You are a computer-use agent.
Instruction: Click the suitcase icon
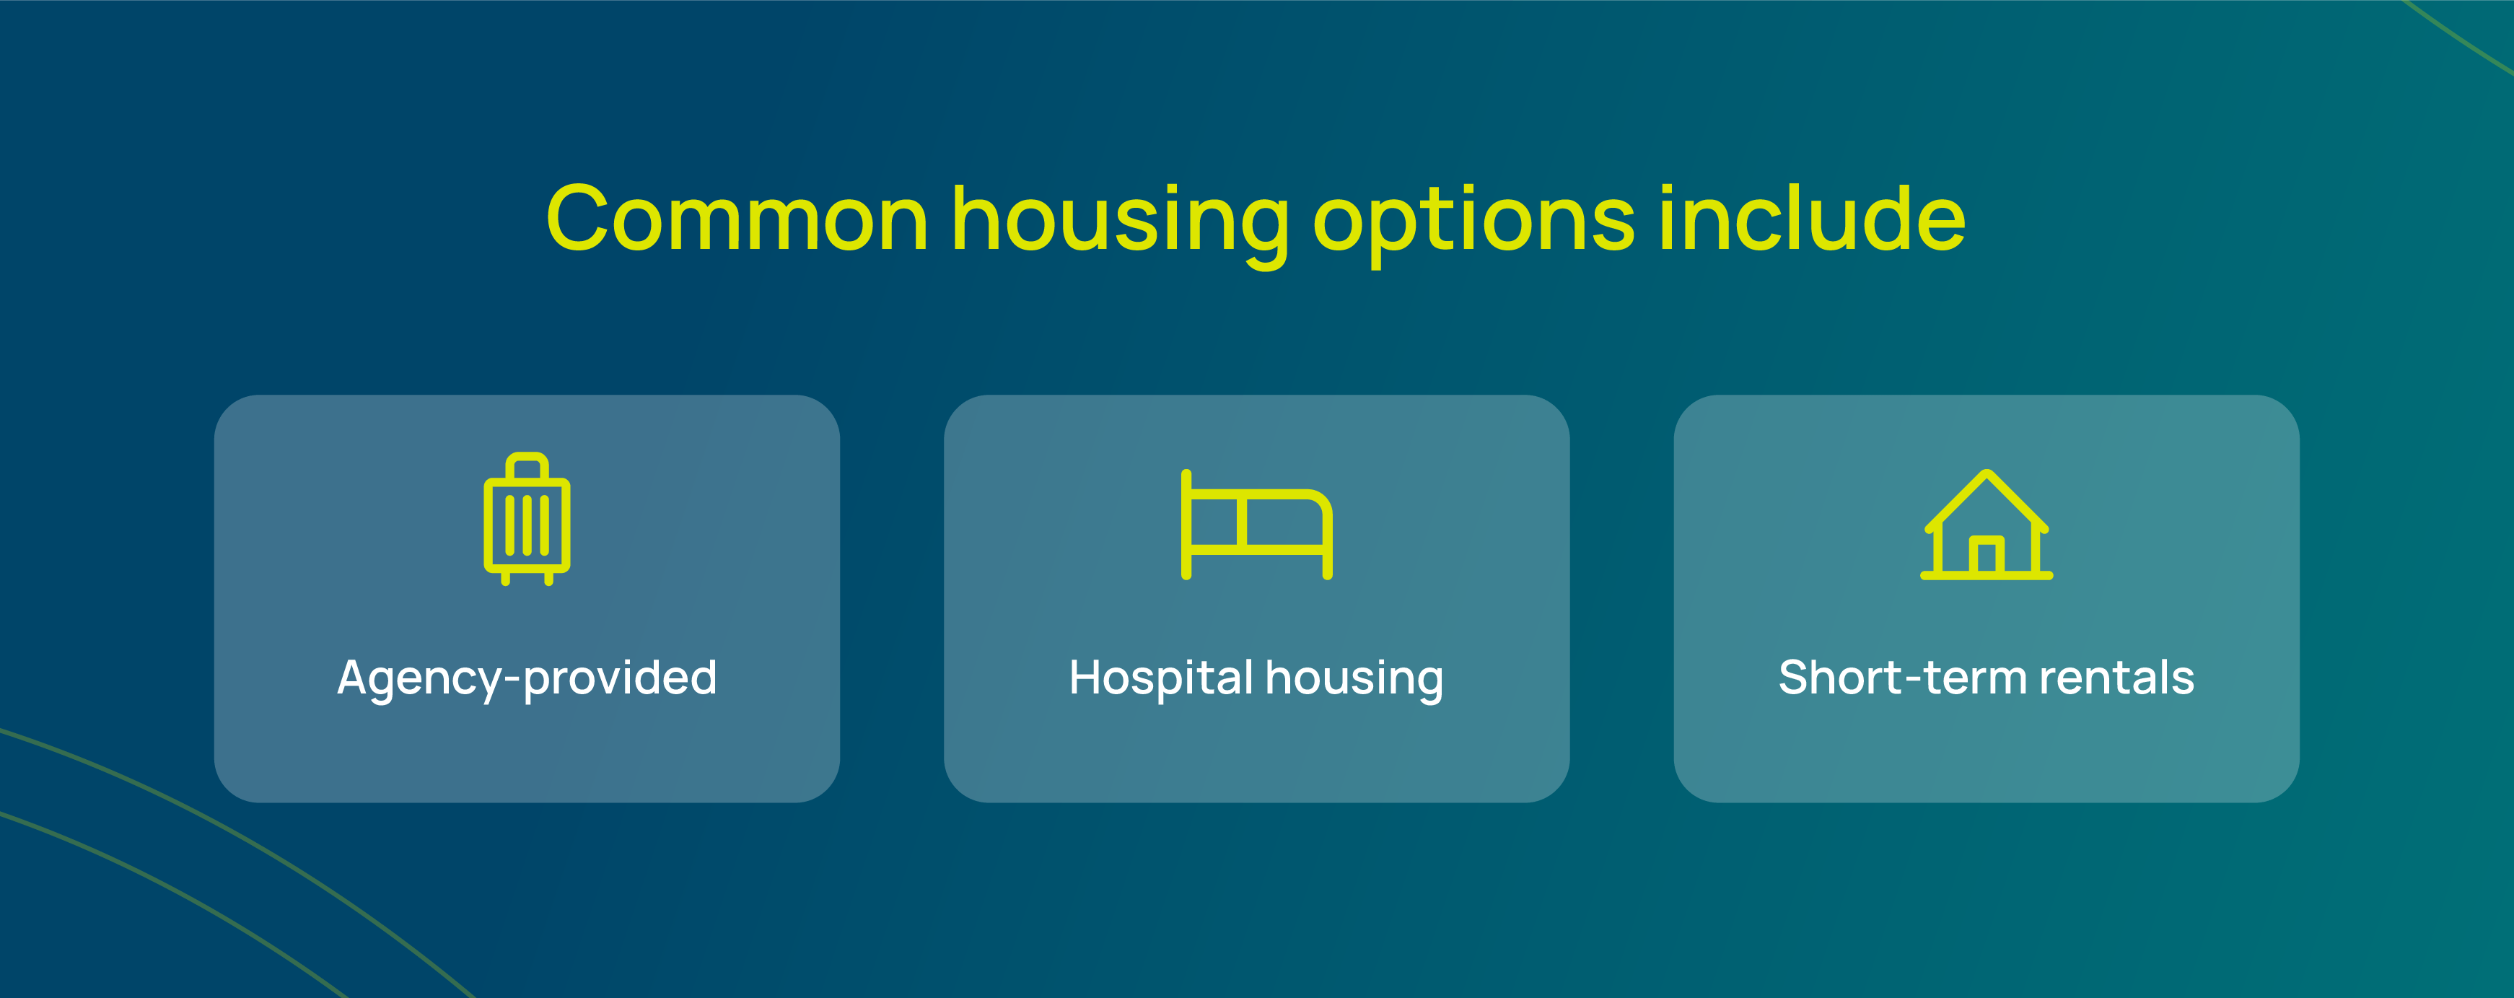pos(527,519)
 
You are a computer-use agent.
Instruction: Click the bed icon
pos(1257,525)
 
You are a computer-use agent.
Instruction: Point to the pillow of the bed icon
pos(1216,522)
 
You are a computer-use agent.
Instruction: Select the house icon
pos(1987,525)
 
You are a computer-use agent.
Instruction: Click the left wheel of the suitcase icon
pos(506,579)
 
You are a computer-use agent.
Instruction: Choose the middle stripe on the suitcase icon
pos(527,525)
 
